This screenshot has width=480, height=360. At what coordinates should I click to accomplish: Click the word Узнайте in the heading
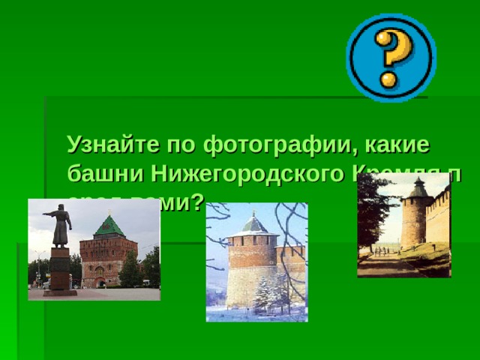click(x=112, y=143)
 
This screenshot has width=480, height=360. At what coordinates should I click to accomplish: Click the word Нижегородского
click(x=247, y=174)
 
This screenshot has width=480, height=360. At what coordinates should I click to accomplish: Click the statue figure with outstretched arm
click(x=59, y=225)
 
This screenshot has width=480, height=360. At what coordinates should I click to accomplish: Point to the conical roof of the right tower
click(x=418, y=187)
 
